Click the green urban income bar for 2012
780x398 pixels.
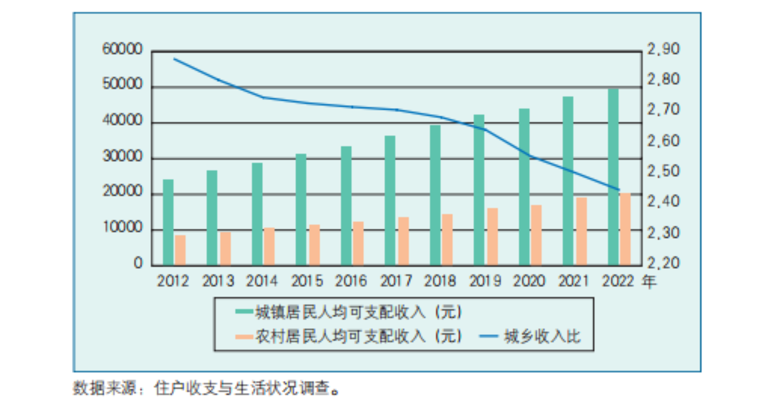[168, 222]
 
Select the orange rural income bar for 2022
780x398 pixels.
[625, 229]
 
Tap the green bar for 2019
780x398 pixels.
[479, 189]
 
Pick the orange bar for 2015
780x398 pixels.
[314, 244]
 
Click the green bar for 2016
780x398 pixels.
[346, 205]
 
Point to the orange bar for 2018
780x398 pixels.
[447, 239]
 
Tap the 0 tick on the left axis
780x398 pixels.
[138, 264]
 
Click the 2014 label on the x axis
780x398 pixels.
[262, 281]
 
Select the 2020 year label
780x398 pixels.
[529, 281]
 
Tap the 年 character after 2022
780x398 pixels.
[649, 281]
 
